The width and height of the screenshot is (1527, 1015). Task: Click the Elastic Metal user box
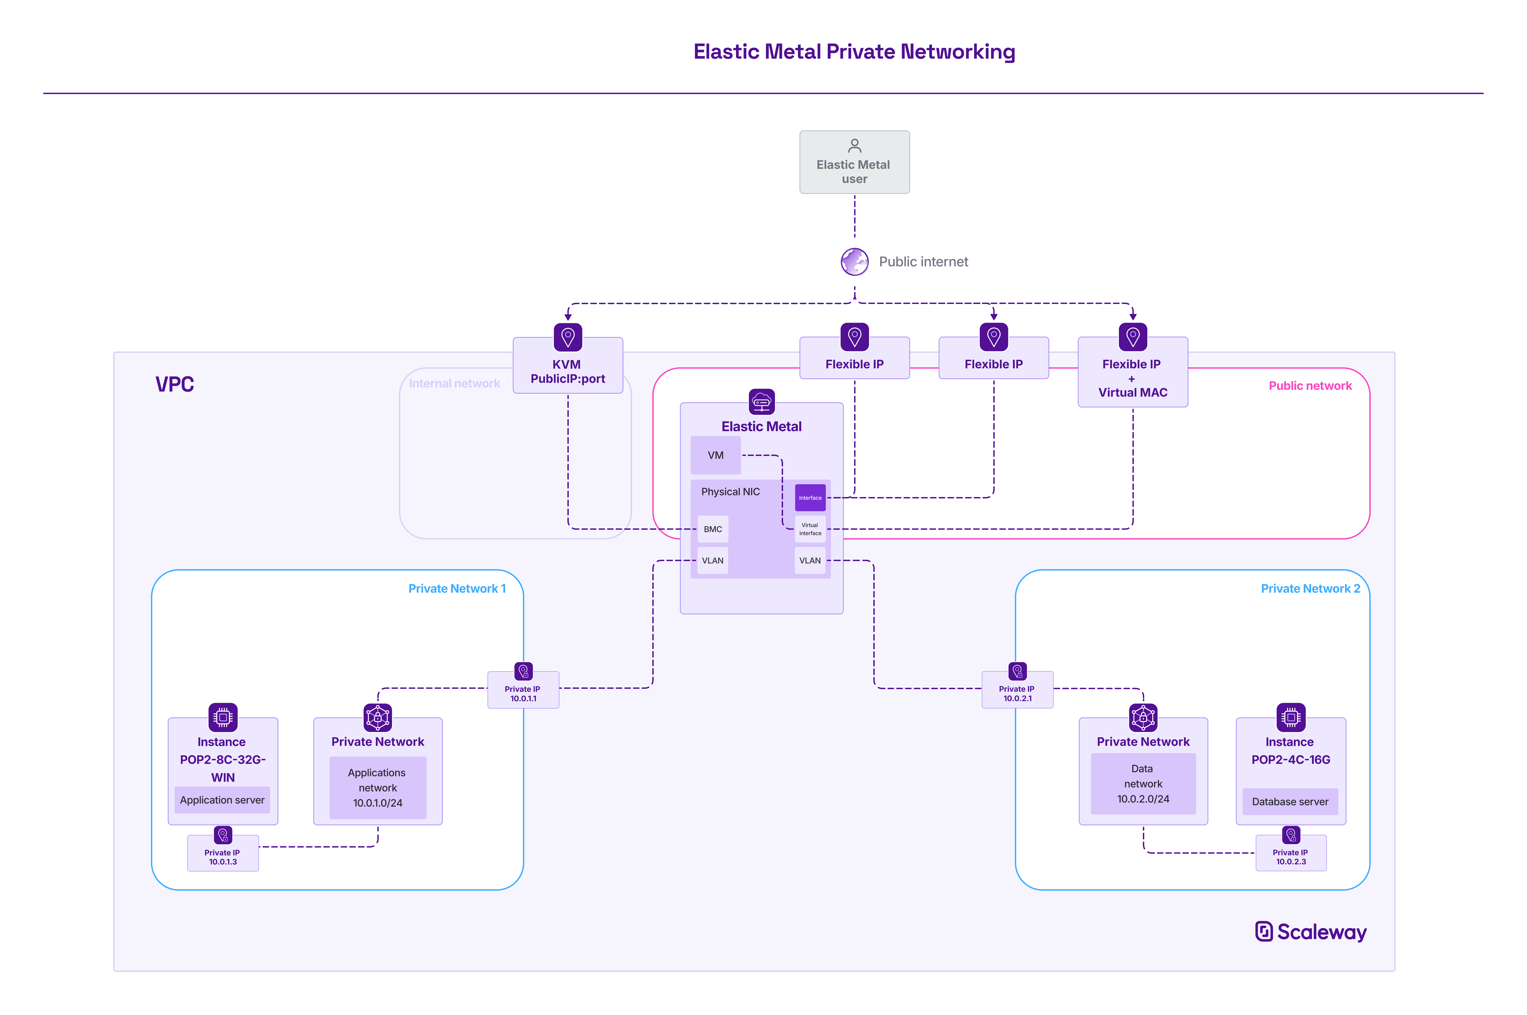(x=854, y=162)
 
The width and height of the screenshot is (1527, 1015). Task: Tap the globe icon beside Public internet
(x=854, y=262)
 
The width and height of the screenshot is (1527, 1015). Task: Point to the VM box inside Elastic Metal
(x=715, y=455)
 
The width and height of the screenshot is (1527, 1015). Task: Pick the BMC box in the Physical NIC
(x=712, y=529)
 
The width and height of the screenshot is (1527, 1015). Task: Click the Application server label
(x=222, y=800)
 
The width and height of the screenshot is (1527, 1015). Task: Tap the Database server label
(x=1289, y=801)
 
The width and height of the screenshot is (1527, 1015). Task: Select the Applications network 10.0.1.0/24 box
(x=378, y=788)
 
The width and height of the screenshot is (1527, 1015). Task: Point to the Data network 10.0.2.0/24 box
(x=1143, y=784)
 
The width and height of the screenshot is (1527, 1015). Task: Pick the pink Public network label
(x=1310, y=386)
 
